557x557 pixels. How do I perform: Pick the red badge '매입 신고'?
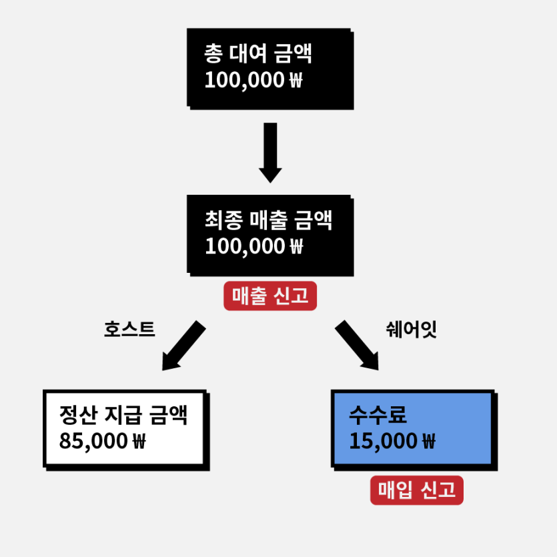[416, 491]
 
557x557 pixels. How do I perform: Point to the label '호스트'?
[129, 329]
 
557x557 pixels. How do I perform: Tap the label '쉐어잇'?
[411, 329]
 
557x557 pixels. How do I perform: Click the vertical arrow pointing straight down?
[270, 152]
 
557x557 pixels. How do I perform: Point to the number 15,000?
[383, 441]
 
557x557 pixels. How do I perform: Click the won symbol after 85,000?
[139, 441]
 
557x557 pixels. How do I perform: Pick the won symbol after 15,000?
[428, 441]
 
